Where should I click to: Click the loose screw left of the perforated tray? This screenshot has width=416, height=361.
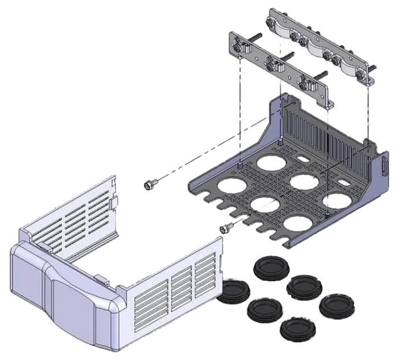(150, 185)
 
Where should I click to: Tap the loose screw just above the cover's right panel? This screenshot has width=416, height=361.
(226, 229)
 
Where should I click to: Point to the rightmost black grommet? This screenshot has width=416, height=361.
(337, 304)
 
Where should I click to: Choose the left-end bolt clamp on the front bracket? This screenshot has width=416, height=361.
(240, 44)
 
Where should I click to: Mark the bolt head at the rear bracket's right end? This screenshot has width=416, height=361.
(362, 74)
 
